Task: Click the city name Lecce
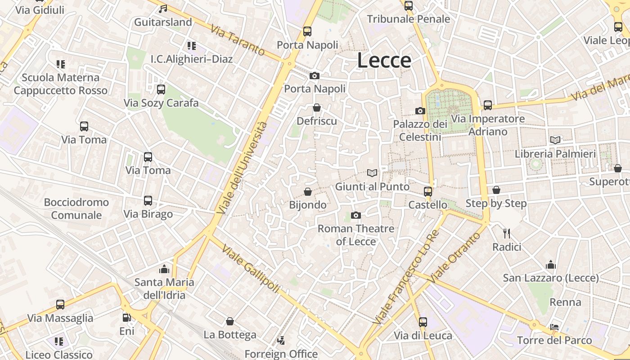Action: tap(384, 60)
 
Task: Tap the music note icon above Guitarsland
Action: tap(163, 9)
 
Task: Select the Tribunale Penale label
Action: tap(408, 19)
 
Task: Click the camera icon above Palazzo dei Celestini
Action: tap(420, 111)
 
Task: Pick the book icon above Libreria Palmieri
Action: tap(555, 140)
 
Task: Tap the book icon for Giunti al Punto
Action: tap(372, 173)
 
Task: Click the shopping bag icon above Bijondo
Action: tap(308, 192)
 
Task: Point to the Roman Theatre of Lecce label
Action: tap(356, 235)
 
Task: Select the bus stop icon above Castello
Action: tap(427, 192)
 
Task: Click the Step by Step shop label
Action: tap(496, 203)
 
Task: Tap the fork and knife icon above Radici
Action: tap(507, 233)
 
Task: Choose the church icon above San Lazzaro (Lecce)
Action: tap(550, 265)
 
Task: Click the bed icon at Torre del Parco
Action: tap(554, 327)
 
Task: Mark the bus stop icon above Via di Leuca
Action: tap(423, 322)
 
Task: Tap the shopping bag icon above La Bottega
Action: tap(230, 321)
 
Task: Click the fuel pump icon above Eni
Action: tap(127, 318)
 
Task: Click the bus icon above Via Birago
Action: tap(148, 201)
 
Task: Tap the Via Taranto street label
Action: tap(237, 40)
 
